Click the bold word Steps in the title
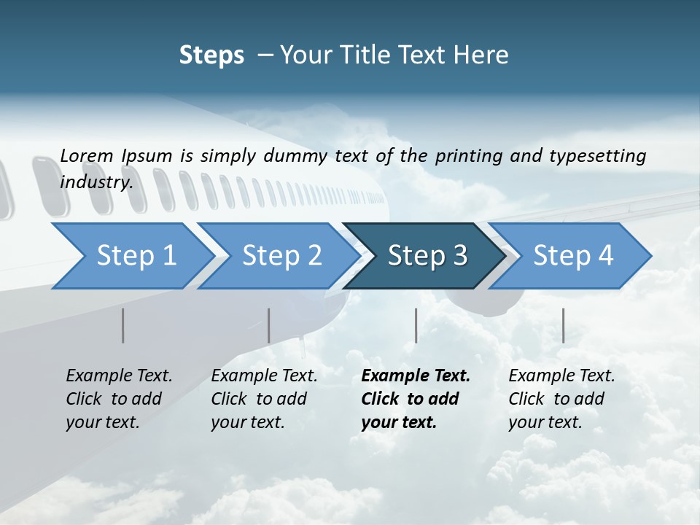211,55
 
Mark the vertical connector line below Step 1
122,325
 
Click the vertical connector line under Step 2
268,325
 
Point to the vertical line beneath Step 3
416,325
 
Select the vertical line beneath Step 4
563,325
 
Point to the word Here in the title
483,55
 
